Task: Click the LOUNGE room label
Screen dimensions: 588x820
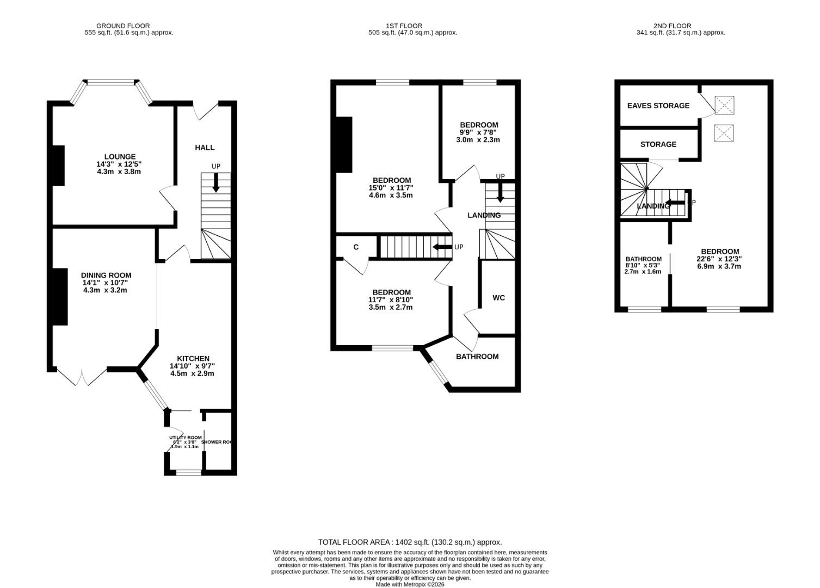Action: [119, 157]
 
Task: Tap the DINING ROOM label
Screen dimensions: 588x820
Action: [106, 275]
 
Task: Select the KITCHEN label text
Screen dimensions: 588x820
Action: [193, 358]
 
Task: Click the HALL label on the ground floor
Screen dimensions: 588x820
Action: [205, 148]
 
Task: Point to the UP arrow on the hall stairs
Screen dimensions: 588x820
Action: [216, 182]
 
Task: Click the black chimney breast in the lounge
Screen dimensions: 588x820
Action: [58, 166]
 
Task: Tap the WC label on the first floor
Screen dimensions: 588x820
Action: [498, 298]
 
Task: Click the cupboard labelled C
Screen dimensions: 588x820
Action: [356, 247]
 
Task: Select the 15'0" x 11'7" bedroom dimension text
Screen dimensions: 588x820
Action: [391, 188]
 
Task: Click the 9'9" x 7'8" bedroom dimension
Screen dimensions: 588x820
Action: [478, 132]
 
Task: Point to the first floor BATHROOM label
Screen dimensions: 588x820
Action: [477, 357]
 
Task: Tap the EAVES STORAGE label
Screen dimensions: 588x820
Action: [658, 106]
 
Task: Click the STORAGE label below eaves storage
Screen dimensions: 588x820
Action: [658, 144]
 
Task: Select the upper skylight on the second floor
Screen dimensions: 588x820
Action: [724, 105]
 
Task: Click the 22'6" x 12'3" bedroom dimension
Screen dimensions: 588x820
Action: [719, 259]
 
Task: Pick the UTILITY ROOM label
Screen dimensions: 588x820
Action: [185, 438]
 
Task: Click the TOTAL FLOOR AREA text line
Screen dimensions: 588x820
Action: [410, 542]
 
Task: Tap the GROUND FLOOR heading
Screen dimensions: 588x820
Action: [123, 26]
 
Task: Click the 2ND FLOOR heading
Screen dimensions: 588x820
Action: [672, 26]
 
